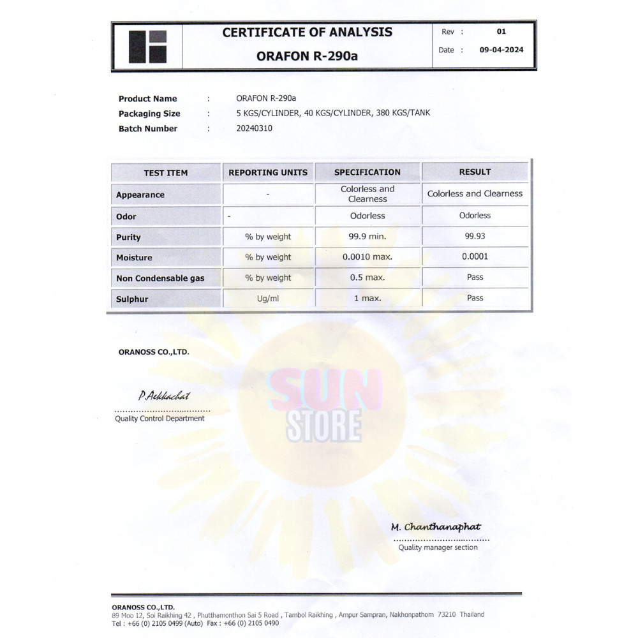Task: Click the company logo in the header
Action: [x=147, y=47]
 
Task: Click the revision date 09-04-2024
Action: [x=501, y=50]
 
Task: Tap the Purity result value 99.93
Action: [x=475, y=236]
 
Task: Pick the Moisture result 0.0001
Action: [x=475, y=256]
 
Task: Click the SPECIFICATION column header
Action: [x=367, y=172]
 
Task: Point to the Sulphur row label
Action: [x=132, y=299]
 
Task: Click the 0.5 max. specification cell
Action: [x=367, y=278]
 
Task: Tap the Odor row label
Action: [x=126, y=216]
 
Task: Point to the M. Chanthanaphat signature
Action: [x=436, y=527]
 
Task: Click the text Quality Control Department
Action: [x=159, y=419]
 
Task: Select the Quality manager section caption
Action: [x=438, y=547]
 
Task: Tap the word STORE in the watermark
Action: [x=323, y=426]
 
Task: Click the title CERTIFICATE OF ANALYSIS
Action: [x=307, y=33]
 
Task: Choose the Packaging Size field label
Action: [x=149, y=114]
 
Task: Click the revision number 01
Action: [x=501, y=31]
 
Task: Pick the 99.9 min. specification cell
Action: [x=367, y=236]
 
